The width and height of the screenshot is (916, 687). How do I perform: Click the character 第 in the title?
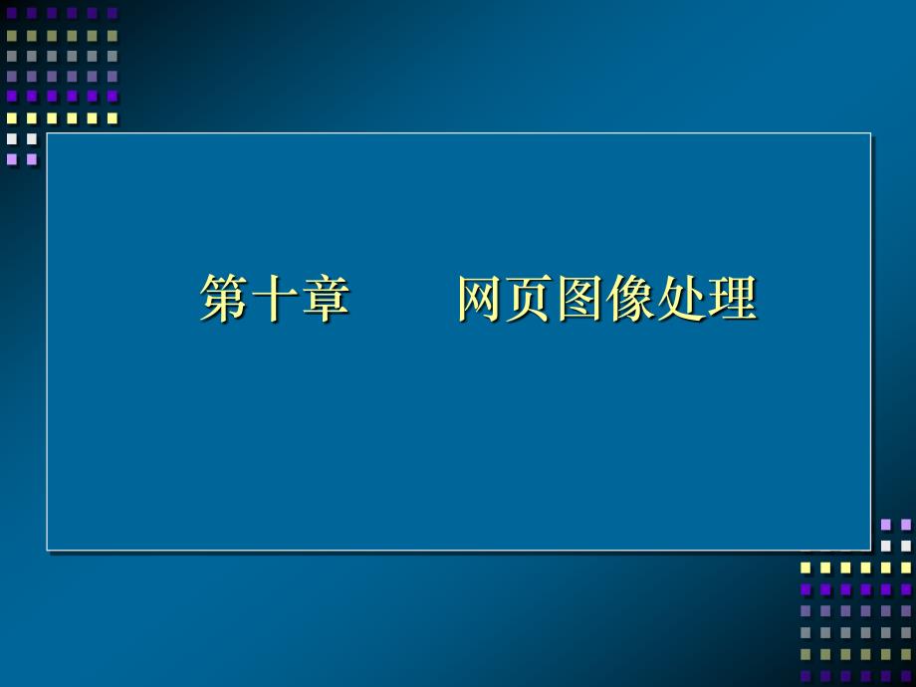(x=224, y=299)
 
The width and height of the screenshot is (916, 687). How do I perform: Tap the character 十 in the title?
(x=274, y=299)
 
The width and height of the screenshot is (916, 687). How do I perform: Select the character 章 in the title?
(x=325, y=299)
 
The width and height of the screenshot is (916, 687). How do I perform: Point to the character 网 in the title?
(x=482, y=299)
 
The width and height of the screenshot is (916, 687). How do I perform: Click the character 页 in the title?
(x=532, y=299)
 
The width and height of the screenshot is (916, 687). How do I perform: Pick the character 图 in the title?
(x=581, y=299)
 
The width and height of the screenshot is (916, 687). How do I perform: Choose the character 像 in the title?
(x=631, y=299)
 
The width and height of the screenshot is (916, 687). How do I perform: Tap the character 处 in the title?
(x=681, y=299)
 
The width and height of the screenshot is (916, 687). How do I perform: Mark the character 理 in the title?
(x=732, y=299)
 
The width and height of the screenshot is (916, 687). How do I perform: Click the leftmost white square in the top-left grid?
(x=12, y=138)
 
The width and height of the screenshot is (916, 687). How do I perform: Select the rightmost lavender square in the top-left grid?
(x=32, y=158)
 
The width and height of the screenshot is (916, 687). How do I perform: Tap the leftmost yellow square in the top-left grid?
(x=12, y=117)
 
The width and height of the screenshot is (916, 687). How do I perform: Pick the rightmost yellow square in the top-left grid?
(x=113, y=117)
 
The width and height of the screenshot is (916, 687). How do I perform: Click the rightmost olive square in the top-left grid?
(x=113, y=35)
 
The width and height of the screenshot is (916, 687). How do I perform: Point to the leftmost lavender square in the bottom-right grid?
(x=886, y=524)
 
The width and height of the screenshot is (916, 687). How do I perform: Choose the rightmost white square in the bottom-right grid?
(x=906, y=546)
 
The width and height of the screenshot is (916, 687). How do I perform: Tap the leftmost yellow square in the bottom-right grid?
(x=805, y=568)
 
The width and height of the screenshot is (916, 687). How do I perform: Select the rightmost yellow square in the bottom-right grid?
(x=906, y=568)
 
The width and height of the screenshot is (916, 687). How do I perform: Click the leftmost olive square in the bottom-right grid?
(x=805, y=653)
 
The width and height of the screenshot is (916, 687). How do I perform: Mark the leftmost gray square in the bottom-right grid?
(x=805, y=631)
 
